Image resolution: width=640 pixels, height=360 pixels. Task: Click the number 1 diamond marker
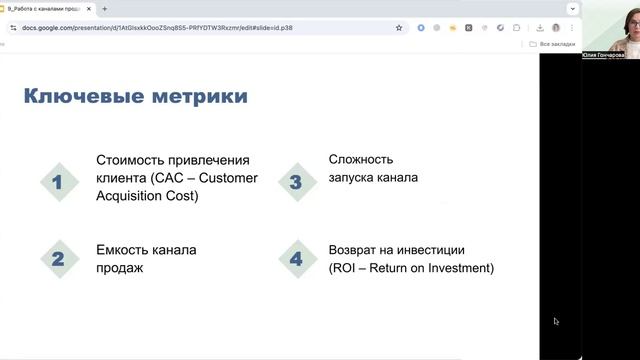[58, 182]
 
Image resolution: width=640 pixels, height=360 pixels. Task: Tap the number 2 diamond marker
[58, 259]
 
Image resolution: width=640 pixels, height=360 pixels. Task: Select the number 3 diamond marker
[296, 182]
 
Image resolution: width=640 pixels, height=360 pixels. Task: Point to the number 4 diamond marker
[296, 259]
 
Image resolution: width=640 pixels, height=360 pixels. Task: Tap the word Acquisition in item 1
[131, 195]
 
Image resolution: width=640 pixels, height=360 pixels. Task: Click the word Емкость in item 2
[122, 250]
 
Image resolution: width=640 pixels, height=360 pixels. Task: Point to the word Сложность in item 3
[361, 160]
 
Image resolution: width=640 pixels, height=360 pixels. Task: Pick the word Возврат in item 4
[355, 250]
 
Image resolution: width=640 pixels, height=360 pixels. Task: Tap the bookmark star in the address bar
[399, 28]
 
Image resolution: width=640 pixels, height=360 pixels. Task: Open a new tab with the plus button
[104, 8]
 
